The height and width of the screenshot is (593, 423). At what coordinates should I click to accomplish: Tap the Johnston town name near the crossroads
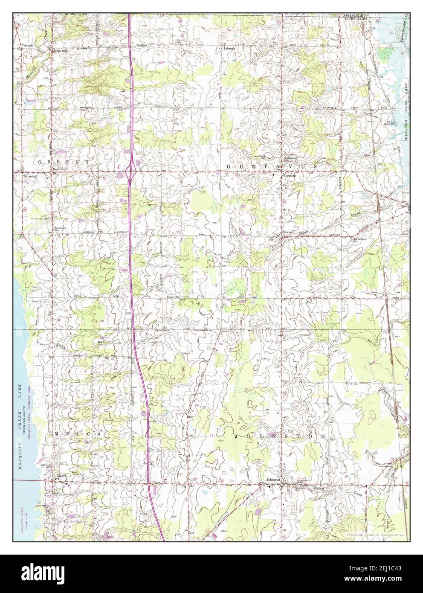pos(273,480)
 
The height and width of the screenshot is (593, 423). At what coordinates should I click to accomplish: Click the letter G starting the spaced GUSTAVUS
pos(229,166)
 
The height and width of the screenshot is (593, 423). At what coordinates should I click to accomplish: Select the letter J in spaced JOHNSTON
pos(236,437)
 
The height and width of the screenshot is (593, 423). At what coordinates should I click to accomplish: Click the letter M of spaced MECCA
pos(57,434)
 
